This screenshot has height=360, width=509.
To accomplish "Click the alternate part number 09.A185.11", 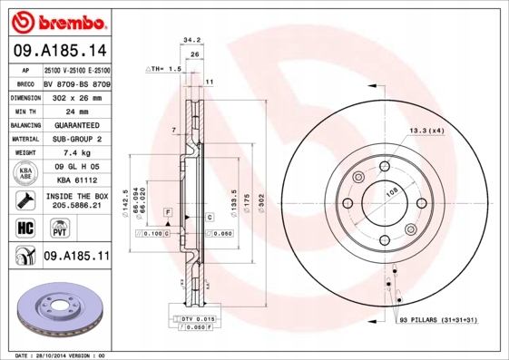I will (x=76, y=258).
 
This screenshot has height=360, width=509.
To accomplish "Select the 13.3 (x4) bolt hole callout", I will (x=426, y=131).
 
